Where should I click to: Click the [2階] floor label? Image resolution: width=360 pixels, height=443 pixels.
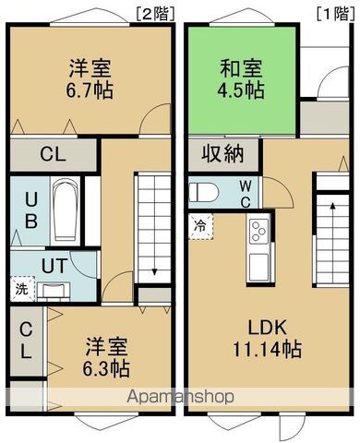pyautogui.click(x=155, y=14)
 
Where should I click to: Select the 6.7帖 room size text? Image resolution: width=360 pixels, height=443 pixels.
pyautogui.click(x=90, y=90)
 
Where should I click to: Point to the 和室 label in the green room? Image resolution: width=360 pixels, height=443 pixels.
pyautogui.click(x=241, y=68)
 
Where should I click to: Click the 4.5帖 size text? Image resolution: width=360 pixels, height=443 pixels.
pyautogui.click(x=241, y=90)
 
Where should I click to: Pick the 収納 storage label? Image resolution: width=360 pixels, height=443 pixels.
pyautogui.click(x=223, y=153)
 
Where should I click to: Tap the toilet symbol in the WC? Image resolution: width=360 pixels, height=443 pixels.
pyautogui.click(x=204, y=192)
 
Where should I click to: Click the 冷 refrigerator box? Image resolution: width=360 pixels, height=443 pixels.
pyautogui.click(x=200, y=227)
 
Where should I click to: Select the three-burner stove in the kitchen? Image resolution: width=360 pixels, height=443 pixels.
pyautogui.click(x=258, y=232)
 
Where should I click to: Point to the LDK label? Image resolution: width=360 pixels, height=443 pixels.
pyautogui.click(x=268, y=328)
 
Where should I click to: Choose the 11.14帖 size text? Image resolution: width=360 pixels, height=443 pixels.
pyautogui.click(x=268, y=350)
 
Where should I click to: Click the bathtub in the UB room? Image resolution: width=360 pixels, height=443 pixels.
pyautogui.click(x=66, y=210)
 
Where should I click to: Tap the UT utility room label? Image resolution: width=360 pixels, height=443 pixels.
pyautogui.click(x=54, y=266)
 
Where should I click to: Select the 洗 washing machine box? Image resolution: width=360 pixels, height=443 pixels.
pyautogui.click(x=22, y=289)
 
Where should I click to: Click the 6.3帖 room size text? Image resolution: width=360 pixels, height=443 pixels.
pyautogui.click(x=106, y=368)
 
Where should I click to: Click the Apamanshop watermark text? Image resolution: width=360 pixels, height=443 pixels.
pyautogui.click(x=181, y=397)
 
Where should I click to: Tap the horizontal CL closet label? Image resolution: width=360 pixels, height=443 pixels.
pyautogui.click(x=54, y=154)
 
